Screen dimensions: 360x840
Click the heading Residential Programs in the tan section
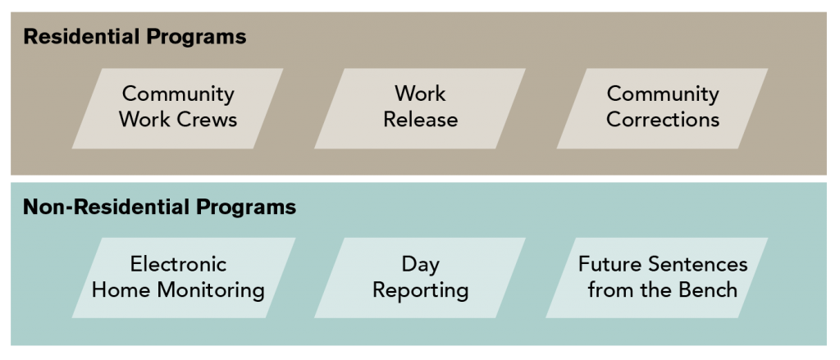tap(135, 37)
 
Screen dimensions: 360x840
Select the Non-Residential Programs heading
tap(159, 207)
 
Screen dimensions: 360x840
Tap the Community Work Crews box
tap(178, 107)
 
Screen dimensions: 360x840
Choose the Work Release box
tap(420, 107)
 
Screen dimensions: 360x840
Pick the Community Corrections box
tap(662, 107)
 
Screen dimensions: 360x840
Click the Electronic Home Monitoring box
tap(178, 277)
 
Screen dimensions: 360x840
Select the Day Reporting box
tap(420, 277)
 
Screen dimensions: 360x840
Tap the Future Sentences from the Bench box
tap(662, 277)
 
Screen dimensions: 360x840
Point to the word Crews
tap(208, 120)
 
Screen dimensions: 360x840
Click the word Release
tap(420, 120)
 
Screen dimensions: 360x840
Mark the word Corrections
tap(662, 120)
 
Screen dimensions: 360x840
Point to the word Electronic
tap(178, 265)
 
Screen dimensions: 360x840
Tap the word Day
tap(420, 265)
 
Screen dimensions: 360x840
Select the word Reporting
tap(420, 290)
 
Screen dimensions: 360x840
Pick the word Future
tap(610, 265)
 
